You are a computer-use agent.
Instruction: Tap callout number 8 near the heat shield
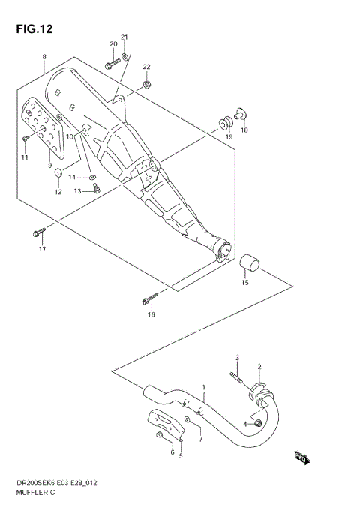[44, 58]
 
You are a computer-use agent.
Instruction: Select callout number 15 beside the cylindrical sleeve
[244, 283]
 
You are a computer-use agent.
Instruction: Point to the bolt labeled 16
[148, 300]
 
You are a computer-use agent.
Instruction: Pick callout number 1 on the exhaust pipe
[202, 387]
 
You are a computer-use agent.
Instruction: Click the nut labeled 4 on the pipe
[257, 424]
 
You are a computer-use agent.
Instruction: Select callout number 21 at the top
[124, 37]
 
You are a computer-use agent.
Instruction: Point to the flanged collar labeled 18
[240, 113]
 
